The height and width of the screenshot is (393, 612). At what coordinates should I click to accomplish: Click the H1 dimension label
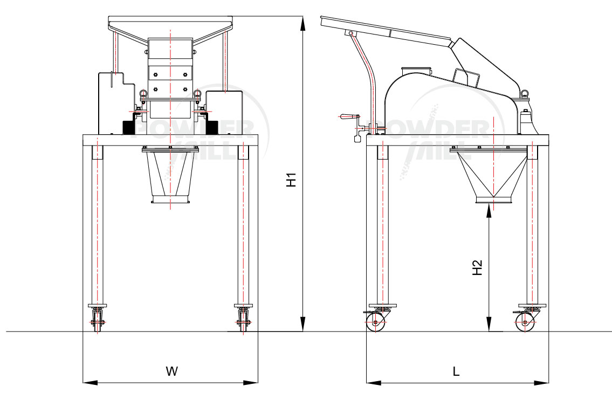coord(291,180)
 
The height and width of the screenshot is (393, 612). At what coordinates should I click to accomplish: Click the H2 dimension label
coord(477,268)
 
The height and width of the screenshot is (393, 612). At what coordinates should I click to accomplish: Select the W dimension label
coord(171,371)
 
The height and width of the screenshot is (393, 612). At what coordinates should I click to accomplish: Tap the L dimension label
coord(456,371)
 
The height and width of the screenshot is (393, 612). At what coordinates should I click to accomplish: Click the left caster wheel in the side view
coord(374,323)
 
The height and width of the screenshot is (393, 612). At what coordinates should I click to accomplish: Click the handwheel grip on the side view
coord(348,116)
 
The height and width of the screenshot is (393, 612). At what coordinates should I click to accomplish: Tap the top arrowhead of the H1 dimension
coord(302,23)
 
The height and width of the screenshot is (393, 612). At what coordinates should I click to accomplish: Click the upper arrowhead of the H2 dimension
coord(489,210)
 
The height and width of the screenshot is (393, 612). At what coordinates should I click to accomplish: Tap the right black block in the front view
coord(211,127)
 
